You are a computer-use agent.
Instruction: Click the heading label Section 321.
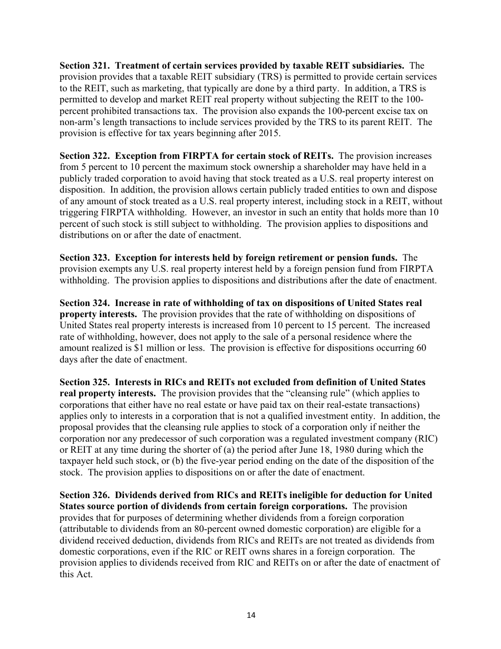click(x=84, y=65)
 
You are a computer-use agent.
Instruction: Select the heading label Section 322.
click(x=84, y=156)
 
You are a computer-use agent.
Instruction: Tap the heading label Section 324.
click(x=84, y=303)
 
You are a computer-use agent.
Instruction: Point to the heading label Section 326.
click(x=84, y=495)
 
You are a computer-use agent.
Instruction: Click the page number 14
click(x=250, y=615)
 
